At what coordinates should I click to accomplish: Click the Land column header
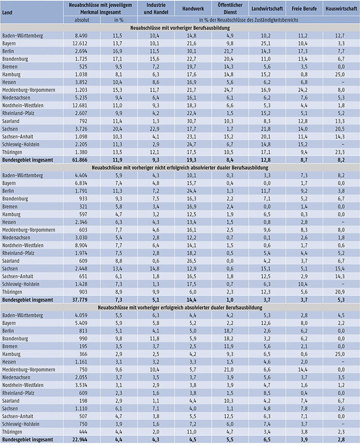pos(9,9)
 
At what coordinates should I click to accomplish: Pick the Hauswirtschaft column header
pos(341,9)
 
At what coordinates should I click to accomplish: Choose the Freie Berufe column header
pos(304,9)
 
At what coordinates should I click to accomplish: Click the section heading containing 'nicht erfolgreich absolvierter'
pos(179,167)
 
